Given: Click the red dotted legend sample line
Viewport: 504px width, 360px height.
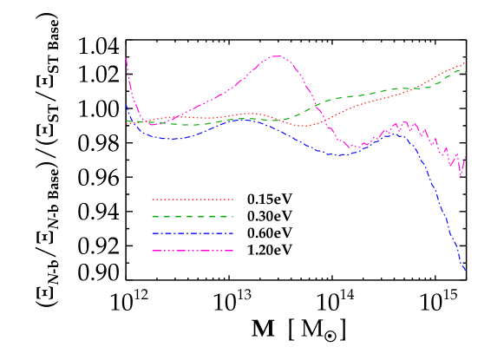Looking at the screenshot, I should point(193,200).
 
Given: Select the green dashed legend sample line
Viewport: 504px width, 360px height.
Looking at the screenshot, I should point(193,216).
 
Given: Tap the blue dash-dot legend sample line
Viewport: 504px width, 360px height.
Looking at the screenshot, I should point(193,233).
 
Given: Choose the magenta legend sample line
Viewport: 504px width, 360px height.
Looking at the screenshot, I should point(193,251).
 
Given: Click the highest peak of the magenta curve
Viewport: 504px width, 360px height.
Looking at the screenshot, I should point(277,56).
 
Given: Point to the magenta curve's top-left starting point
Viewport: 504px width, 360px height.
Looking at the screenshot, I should point(127,59).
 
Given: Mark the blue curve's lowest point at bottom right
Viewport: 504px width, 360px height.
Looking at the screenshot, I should point(465,270).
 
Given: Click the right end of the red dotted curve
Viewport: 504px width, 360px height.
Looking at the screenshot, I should point(465,62).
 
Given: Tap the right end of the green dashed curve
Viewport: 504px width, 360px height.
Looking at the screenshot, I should point(465,71).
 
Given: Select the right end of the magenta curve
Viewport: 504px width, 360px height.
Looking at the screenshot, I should point(466,157).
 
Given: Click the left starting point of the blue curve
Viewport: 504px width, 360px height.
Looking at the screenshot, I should point(127,106).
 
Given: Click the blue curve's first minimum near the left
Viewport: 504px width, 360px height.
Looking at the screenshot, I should point(173,139).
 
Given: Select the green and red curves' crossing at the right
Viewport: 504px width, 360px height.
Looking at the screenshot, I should point(418,88).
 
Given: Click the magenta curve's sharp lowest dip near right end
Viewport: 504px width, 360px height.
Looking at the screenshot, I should point(461,176).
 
